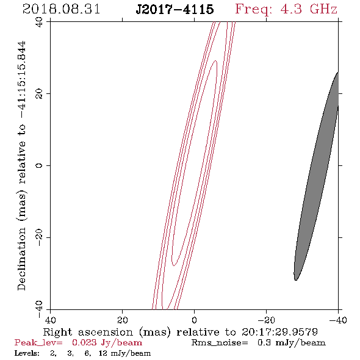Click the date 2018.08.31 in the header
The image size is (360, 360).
61,9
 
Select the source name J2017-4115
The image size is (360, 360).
175,9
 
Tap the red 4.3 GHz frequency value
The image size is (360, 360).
308,9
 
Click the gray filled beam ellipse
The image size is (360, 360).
317,176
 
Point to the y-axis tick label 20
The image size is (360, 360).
39,94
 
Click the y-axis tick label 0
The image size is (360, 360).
39,165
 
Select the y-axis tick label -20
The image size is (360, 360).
39,237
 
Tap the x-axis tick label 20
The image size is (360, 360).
122,320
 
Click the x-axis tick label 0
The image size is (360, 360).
194,320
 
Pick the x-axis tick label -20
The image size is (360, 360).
266,320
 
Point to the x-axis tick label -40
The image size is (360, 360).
338,320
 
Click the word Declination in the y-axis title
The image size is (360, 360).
21,259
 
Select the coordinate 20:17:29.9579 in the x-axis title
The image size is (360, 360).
279,332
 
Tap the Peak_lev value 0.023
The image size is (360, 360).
84,343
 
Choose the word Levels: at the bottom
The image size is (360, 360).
27,353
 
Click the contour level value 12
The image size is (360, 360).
103,353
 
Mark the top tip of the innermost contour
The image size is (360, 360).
215,60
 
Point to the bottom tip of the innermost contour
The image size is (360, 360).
174,265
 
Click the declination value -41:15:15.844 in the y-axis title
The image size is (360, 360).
21,80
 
